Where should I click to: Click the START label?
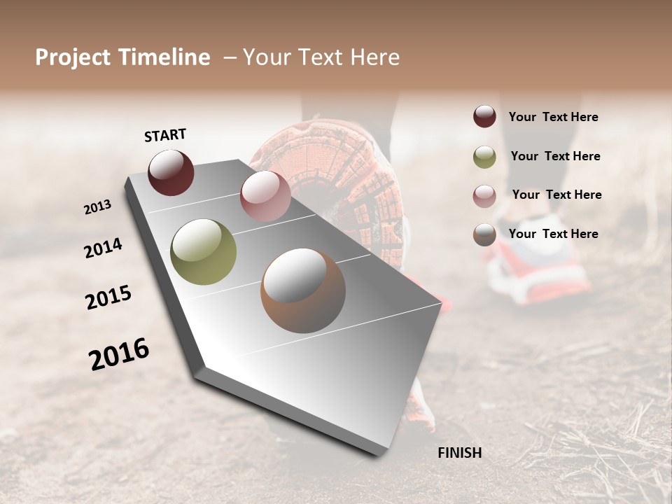pyautogui.click(x=165, y=135)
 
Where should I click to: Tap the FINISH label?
pyautogui.click(x=459, y=453)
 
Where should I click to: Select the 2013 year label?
pyautogui.click(x=98, y=207)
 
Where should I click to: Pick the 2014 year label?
pyautogui.click(x=103, y=248)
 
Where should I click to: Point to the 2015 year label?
pyautogui.click(x=108, y=297)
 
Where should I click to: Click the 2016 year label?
pyautogui.click(x=119, y=353)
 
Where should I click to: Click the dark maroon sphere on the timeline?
pyautogui.click(x=171, y=172)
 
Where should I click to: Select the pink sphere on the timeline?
pyautogui.click(x=265, y=196)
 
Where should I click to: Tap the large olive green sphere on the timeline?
pyautogui.click(x=203, y=252)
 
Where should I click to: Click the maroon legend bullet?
pyautogui.click(x=484, y=117)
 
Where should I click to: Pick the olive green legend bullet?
pyautogui.click(x=484, y=156)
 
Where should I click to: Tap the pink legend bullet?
pyautogui.click(x=484, y=195)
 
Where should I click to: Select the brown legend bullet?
pyautogui.click(x=484, y=234)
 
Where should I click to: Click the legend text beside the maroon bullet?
pyautogui.click(x=554, y=117)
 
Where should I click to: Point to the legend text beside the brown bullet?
pyautogui.click(x=554, y=234)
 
